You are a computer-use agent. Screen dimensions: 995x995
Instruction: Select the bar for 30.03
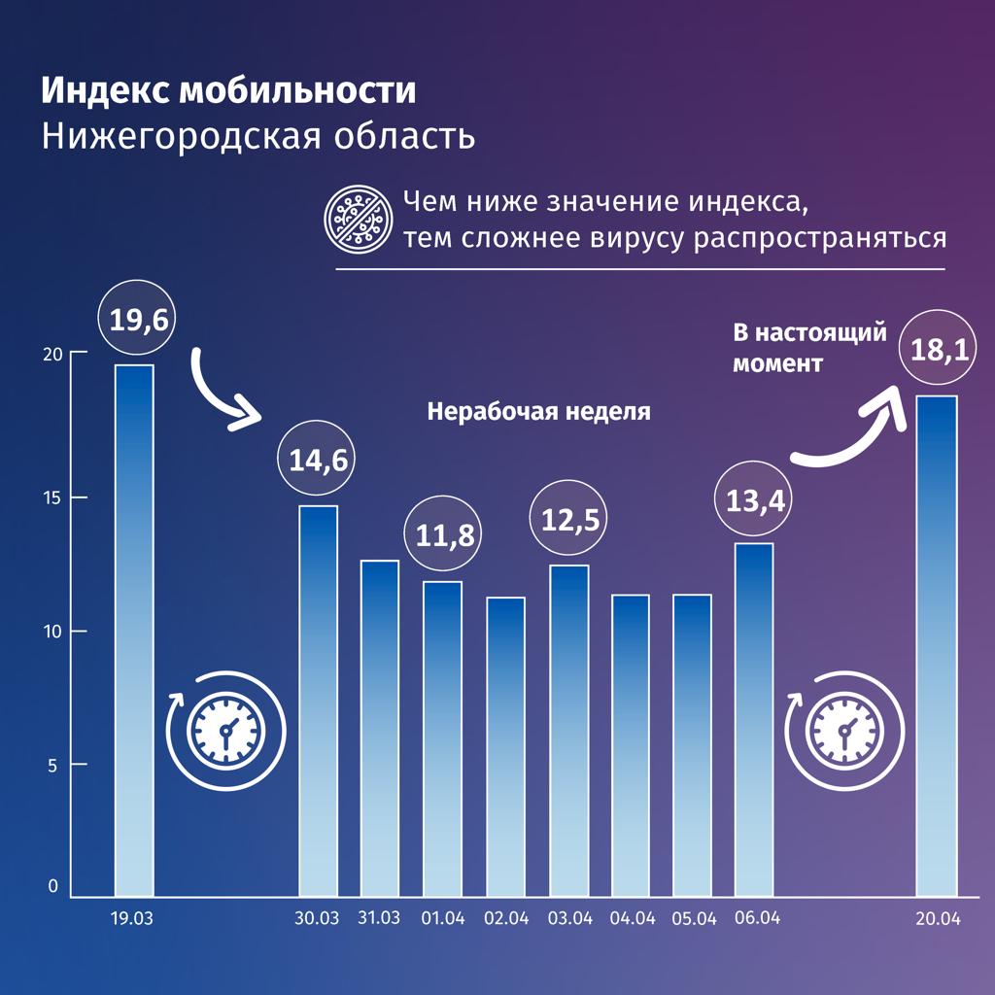[x=318, y=700]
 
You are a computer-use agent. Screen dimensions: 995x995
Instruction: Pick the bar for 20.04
[x=938, y=645]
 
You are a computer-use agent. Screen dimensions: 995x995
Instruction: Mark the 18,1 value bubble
[x=939, y=350]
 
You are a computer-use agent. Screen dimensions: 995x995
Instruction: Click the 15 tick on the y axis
[x=51, y=497]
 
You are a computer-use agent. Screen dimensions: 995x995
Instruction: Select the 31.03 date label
[x=379, y=918]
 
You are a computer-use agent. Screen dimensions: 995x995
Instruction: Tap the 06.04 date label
[x=755, y=918]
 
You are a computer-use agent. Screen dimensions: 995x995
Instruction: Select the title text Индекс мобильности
[x=228, y=91]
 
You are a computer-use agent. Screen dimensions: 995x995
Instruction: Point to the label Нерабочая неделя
[x=538, y=411]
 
